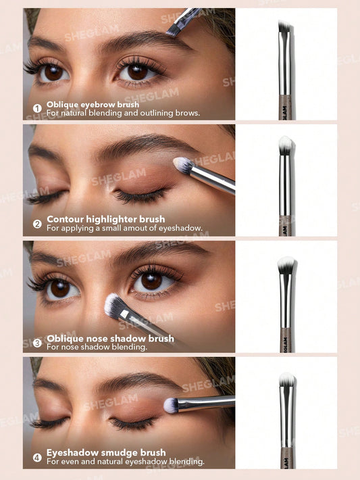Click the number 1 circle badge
(x=37, y=108)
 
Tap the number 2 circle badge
(x=37, y=224)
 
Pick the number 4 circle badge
(x=37, y=458)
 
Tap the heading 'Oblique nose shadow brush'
(x=110, y=338)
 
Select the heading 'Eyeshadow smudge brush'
(x=106, y=453)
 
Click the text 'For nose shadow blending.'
(x=97, y=347)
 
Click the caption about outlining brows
(x=123, y=114)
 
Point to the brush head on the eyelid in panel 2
(x=182, y=164)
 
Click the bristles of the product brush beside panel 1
(x=285, y=26)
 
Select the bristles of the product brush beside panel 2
(x=286, y=144)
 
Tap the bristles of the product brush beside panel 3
(x=286, y=264)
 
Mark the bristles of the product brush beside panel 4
(x=286, y=379)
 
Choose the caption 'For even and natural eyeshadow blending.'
(x=126, y=462)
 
